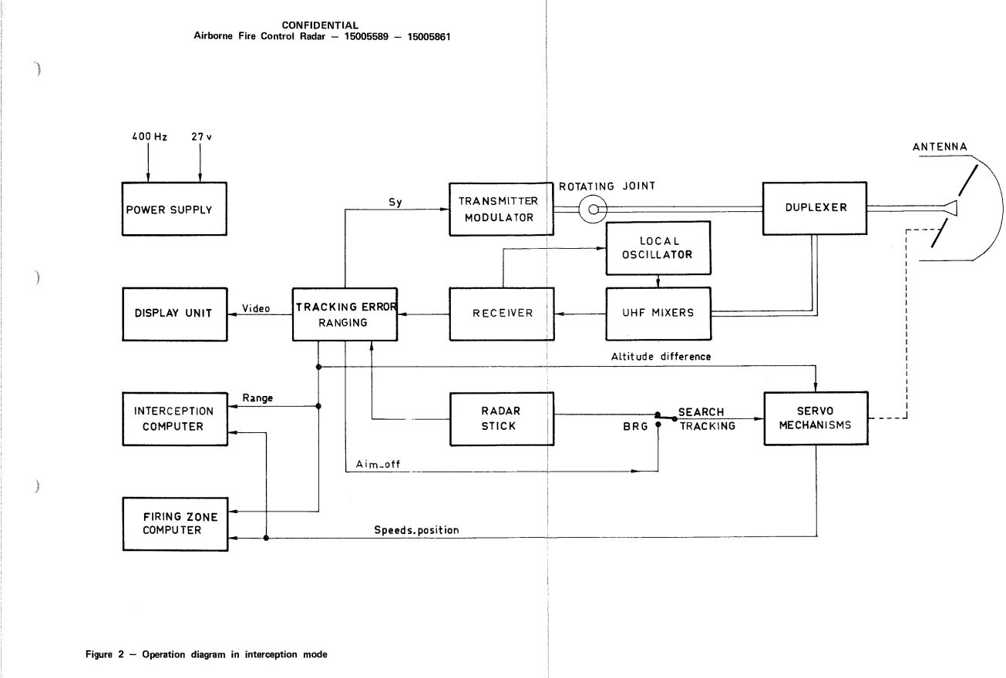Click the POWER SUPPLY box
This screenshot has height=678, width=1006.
174,209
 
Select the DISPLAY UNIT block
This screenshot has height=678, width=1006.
175,314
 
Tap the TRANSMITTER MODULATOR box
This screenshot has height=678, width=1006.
501,209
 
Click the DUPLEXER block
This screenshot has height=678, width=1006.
815,208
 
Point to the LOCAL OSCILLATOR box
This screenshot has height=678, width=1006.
658,248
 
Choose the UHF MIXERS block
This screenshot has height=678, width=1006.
658,314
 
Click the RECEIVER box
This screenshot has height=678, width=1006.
502,314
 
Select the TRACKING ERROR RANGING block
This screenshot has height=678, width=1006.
345,314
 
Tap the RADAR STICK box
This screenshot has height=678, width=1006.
502,419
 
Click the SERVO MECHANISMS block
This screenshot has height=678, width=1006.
816,418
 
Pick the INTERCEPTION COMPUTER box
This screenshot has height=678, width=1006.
175,419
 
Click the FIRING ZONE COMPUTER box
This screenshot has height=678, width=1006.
176,524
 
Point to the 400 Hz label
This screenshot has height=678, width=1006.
150,136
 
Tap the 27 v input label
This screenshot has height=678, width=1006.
202,136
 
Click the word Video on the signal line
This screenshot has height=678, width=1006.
256,308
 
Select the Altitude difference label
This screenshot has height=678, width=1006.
661,357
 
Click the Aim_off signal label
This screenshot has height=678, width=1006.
378,464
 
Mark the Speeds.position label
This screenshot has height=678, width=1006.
417,530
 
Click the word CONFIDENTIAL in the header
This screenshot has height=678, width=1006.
320,25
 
